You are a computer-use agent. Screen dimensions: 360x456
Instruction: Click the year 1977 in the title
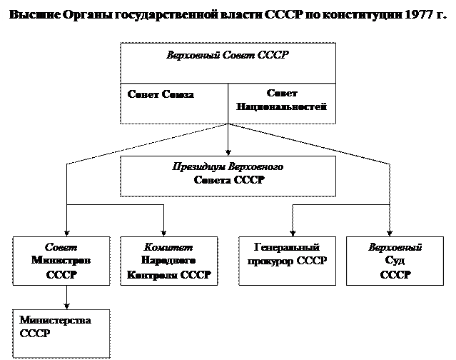(410, 16)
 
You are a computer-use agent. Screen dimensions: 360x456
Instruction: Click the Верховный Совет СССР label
(228, 54)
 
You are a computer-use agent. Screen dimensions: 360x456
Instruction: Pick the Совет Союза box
(173, 103)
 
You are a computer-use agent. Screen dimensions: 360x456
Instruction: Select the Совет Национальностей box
(281, 103)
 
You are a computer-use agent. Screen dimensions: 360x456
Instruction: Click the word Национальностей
(281, 107)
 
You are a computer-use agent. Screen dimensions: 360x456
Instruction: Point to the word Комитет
(168, 248)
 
